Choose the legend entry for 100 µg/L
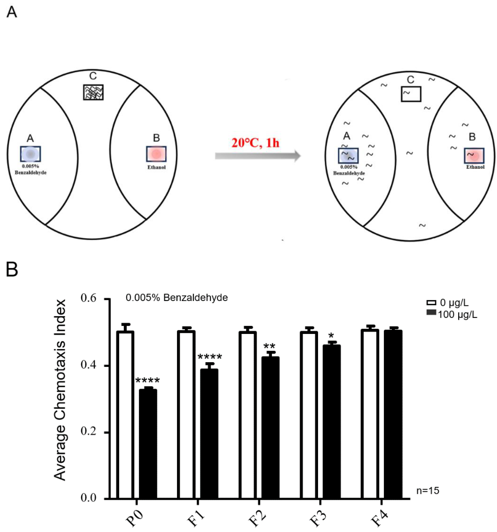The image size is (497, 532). pos(451,314)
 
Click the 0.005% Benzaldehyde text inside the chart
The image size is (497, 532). pos(177,298)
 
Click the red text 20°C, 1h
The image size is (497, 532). pos(255,143)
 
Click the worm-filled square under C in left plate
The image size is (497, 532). pos(93,92)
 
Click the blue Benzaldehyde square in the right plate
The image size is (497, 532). pos(348,156)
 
